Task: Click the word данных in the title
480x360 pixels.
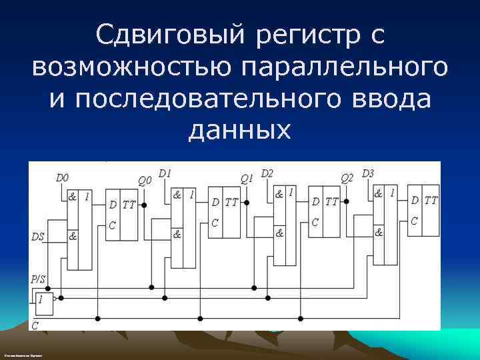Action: pyautogui.click(x=240, y=129)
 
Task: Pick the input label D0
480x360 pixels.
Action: pyautogui.click(x=62, y=178)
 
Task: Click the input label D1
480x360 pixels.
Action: pyautogui.click(x=165, y=173)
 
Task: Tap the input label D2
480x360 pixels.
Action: pyautogui.click(x=267, y=173)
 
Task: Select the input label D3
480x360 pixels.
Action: pyautogui.click(x=368, y=173)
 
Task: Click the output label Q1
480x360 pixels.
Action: pyautogui.click(x=247, y=179)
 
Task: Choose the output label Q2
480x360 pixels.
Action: pyautogui.click(x=347, y=178)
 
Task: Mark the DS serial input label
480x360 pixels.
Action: pyautogui.click(x=39, y=236)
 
